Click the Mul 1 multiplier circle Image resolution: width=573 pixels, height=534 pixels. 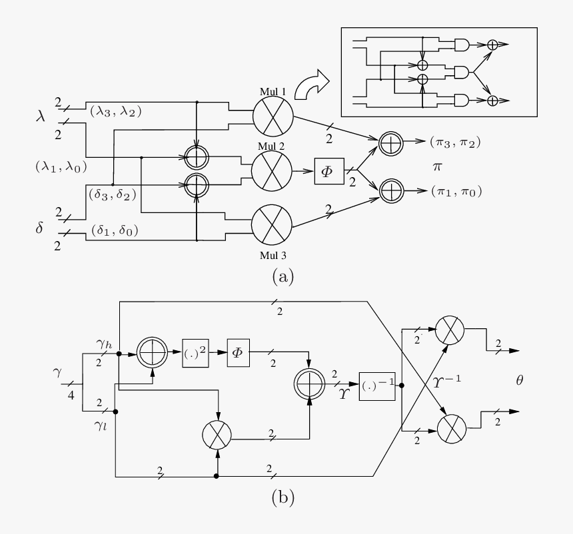[x=273, y=115]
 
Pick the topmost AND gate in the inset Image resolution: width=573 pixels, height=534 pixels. [x=462, y=45]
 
